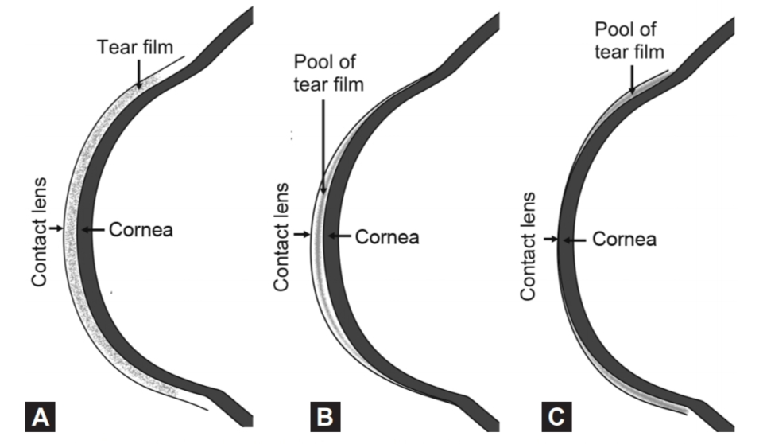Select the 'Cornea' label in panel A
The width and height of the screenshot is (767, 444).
click(x=142, y=231)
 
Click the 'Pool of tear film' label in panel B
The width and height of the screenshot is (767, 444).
click(x=328, y=72)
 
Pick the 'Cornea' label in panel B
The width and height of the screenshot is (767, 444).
click(x=387, y=236)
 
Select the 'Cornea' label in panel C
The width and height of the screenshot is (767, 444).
click(x=626, y=239)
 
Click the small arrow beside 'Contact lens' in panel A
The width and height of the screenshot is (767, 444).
click(x=55, y=229)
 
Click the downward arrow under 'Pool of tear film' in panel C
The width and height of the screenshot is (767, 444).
click(x=631, y=79)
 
